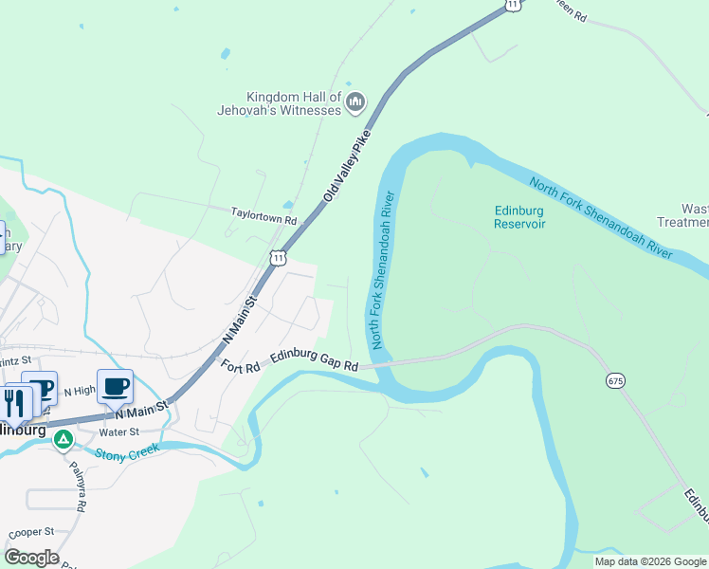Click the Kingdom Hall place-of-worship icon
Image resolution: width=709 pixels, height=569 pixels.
(x=355, y=101)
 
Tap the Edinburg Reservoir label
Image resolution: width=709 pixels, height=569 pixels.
(x=519, y=217)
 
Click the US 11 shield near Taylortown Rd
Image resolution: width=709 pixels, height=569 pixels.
(x=277, y=257)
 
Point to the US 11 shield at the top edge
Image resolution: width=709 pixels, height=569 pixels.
(x=512, y=5)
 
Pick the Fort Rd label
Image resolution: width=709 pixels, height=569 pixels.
(x=241, y=366)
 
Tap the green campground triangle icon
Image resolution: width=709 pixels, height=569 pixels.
(x=64, y=439)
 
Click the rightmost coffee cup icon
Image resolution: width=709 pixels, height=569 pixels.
(x=115, y=387)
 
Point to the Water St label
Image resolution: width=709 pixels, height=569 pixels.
(x=119, y=431)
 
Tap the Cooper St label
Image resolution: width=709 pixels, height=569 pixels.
(x=33, y=533)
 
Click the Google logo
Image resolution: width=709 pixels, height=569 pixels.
(x=31, y=558)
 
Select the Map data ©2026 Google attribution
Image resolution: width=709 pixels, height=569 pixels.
(x=651, y=561)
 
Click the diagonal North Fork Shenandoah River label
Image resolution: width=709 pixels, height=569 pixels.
(x=600, y=219)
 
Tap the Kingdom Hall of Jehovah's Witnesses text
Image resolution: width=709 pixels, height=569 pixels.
(x=293, y=103)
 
